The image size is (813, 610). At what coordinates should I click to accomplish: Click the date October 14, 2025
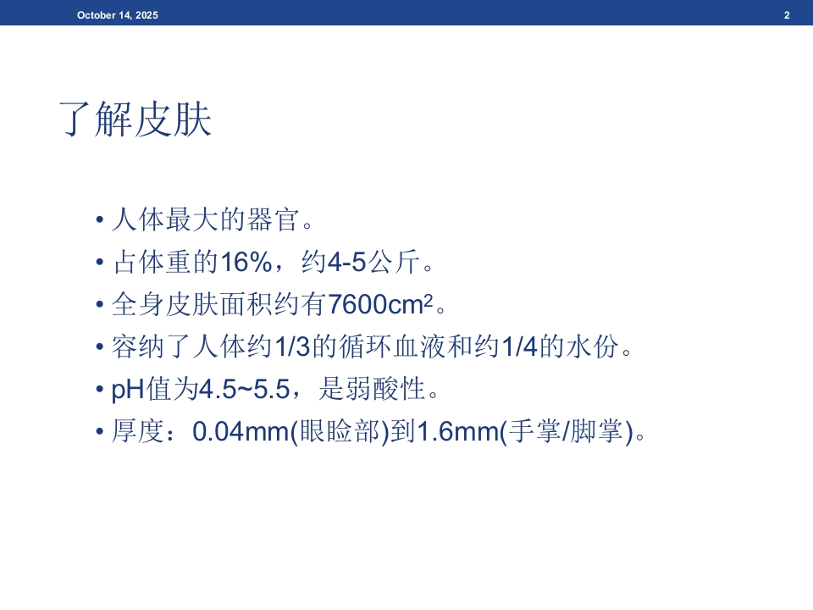click(x=118, y=15)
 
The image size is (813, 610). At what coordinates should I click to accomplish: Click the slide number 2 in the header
click(x=787, y=15)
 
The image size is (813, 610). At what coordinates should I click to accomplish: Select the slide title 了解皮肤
click(x=135, y=119)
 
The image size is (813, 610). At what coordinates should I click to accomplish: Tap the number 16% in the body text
click(x=246, y=262)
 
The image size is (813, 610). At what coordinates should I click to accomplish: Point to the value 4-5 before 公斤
click(x=347, y=262)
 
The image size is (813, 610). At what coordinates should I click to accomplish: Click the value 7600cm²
click(x=380, y=303)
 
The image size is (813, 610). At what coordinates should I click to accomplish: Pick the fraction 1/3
click(x=292, y=346)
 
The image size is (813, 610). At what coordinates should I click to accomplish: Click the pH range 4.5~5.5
click(x=244, y=389)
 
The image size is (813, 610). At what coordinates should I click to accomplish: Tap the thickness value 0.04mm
click(x=241, y=431)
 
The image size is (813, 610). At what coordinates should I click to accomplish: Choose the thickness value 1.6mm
click(x=458, y=431)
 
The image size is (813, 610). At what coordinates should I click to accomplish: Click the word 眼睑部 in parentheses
click(x=340, y=431)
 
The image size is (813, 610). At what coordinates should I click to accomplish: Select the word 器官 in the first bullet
click(x=274, y=219)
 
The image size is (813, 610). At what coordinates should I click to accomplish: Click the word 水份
click(x=592, y=346)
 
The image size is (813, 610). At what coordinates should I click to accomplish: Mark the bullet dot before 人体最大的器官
click(x=100, y=220)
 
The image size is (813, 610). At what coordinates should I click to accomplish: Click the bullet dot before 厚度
click(x=100, y=431)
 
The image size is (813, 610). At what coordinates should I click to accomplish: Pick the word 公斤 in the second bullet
click(x=394, y=262)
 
